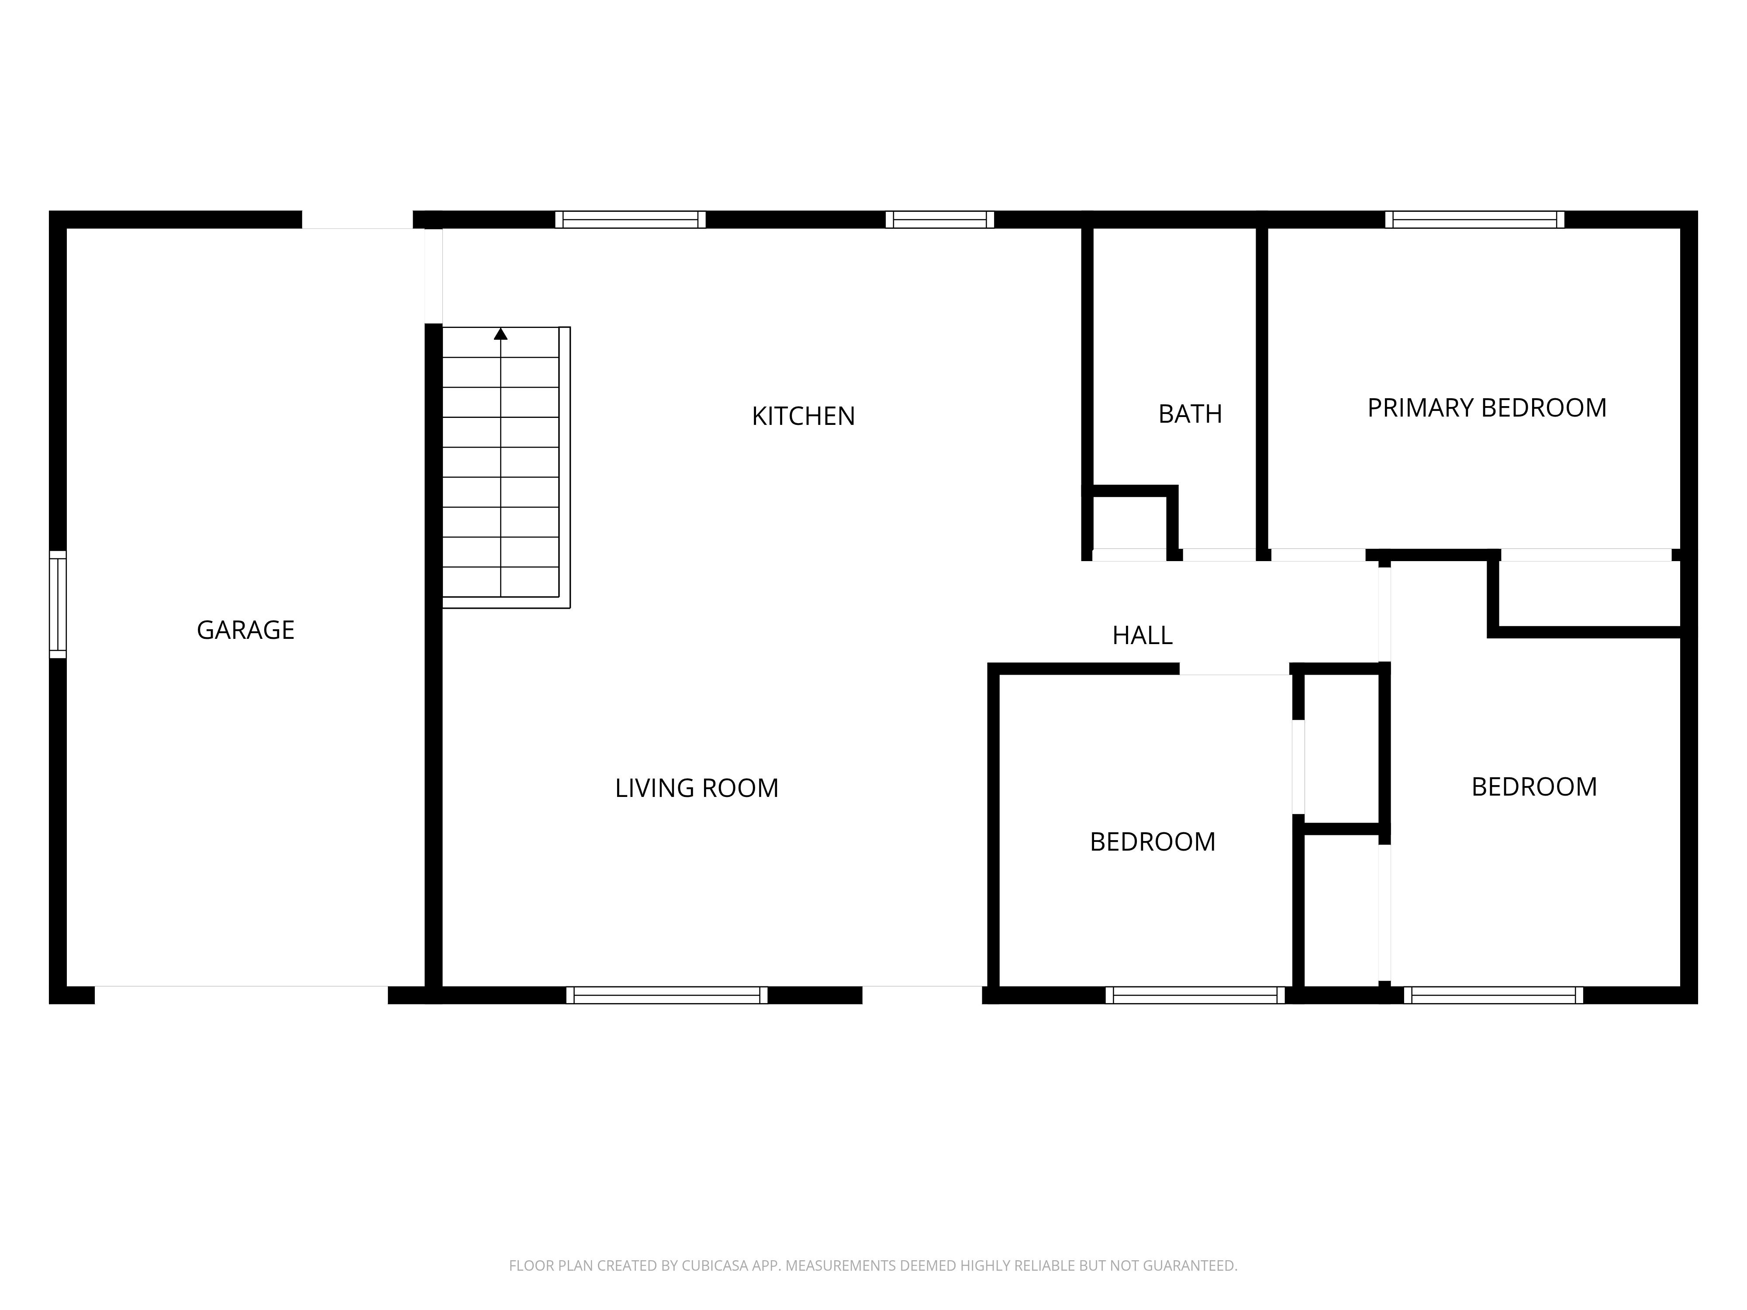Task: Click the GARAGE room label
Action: coord(245,630)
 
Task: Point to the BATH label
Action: coord(1189,414)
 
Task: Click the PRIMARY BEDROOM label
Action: coord(1486,408)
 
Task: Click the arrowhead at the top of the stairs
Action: coord(501,334)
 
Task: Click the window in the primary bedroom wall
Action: coord(1474,220)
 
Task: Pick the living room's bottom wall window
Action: coord(666,995)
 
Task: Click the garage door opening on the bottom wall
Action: coord(241,995)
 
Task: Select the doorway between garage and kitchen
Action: coord(434,276)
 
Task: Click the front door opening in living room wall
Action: coord(922,995)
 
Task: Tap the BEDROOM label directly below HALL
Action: coord(1152,842)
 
